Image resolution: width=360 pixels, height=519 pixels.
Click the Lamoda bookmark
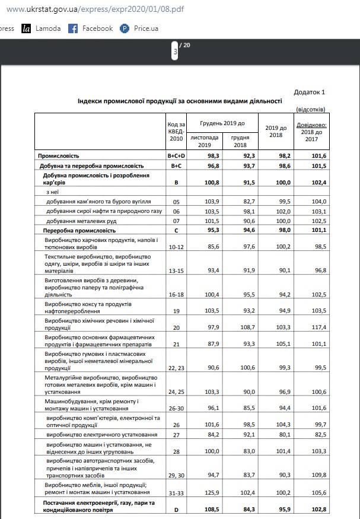pos(41,28)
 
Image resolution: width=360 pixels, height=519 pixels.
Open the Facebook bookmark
pos(91,28)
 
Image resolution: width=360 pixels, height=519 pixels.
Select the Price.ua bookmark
pos(139,28)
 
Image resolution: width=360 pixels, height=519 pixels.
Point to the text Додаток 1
pos(310,92)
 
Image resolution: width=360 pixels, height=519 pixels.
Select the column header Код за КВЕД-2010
pos(176,131)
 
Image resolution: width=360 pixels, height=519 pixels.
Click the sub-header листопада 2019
pos(205,141)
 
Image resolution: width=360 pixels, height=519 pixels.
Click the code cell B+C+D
pos(176,155)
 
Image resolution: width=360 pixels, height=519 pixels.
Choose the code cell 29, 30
pos(176,476)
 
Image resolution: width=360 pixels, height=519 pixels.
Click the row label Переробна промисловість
pos(79,230)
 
